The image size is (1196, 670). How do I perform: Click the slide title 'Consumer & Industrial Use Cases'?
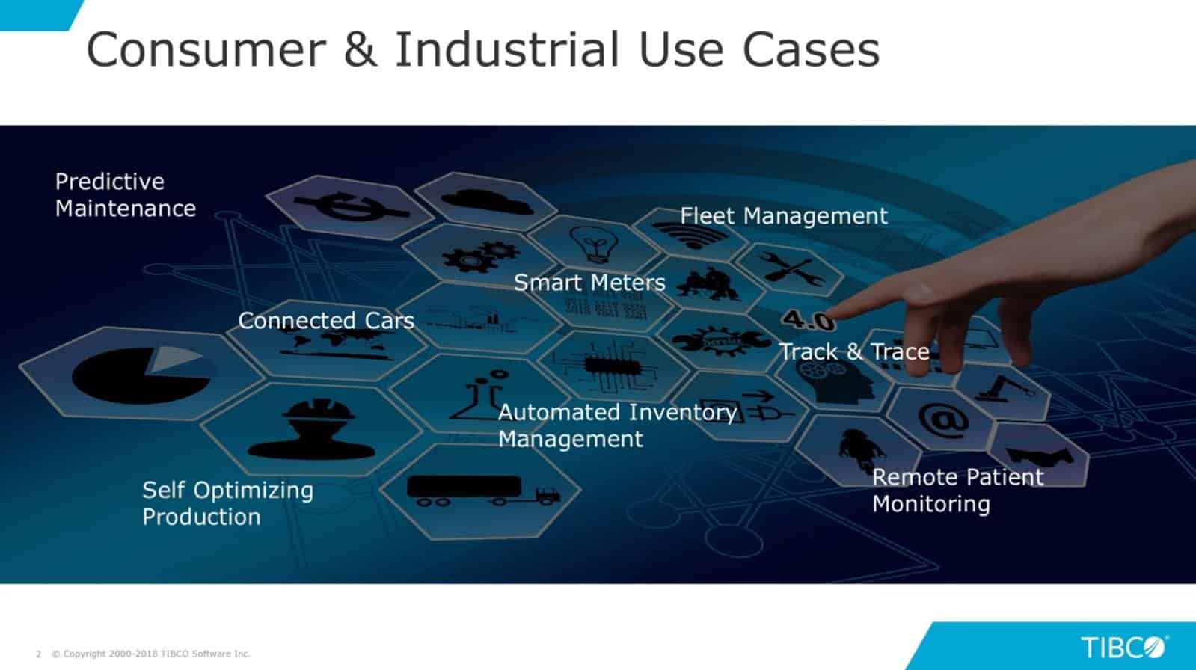[x=482, y=49]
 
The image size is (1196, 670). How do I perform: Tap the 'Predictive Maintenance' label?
[x=125, y=195]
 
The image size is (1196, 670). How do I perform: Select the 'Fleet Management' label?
[x=783, y=216]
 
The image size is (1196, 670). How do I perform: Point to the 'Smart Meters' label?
[x=589, y=283]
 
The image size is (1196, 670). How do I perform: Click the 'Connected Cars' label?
[x=325, y=321]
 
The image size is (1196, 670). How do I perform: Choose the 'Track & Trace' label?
[x=854, y=351]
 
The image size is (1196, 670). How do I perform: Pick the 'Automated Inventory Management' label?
[x=616, y=425]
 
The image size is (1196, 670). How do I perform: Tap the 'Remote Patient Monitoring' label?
[x=957, y=491]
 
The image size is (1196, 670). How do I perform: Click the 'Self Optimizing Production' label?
[x=227, y=503]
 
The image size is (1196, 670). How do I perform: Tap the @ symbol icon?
[x=943, y=419]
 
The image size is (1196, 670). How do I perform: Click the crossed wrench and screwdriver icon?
[x=790, y=270]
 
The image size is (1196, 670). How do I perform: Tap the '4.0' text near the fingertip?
[x=808, y=321]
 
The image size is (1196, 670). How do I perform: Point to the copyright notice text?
[x=150, y=654]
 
